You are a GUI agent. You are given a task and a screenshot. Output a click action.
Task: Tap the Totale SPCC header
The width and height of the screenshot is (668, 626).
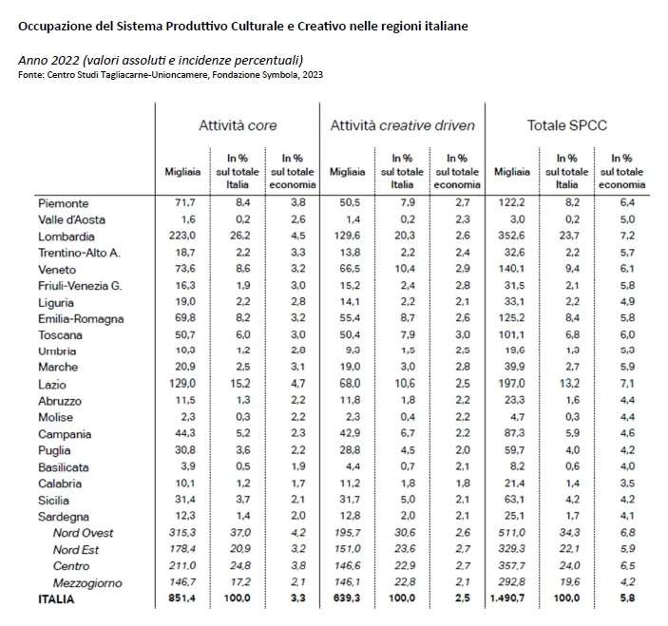point(566,124)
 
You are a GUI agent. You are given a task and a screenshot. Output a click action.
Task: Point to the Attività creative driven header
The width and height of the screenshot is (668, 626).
point(402,124)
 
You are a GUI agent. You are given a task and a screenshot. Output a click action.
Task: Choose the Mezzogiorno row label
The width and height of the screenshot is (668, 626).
point(88,581)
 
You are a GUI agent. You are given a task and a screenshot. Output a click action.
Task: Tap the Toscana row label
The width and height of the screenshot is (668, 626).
point(59,334)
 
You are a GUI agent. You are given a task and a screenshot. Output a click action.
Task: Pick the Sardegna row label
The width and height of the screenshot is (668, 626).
point(63,516)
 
